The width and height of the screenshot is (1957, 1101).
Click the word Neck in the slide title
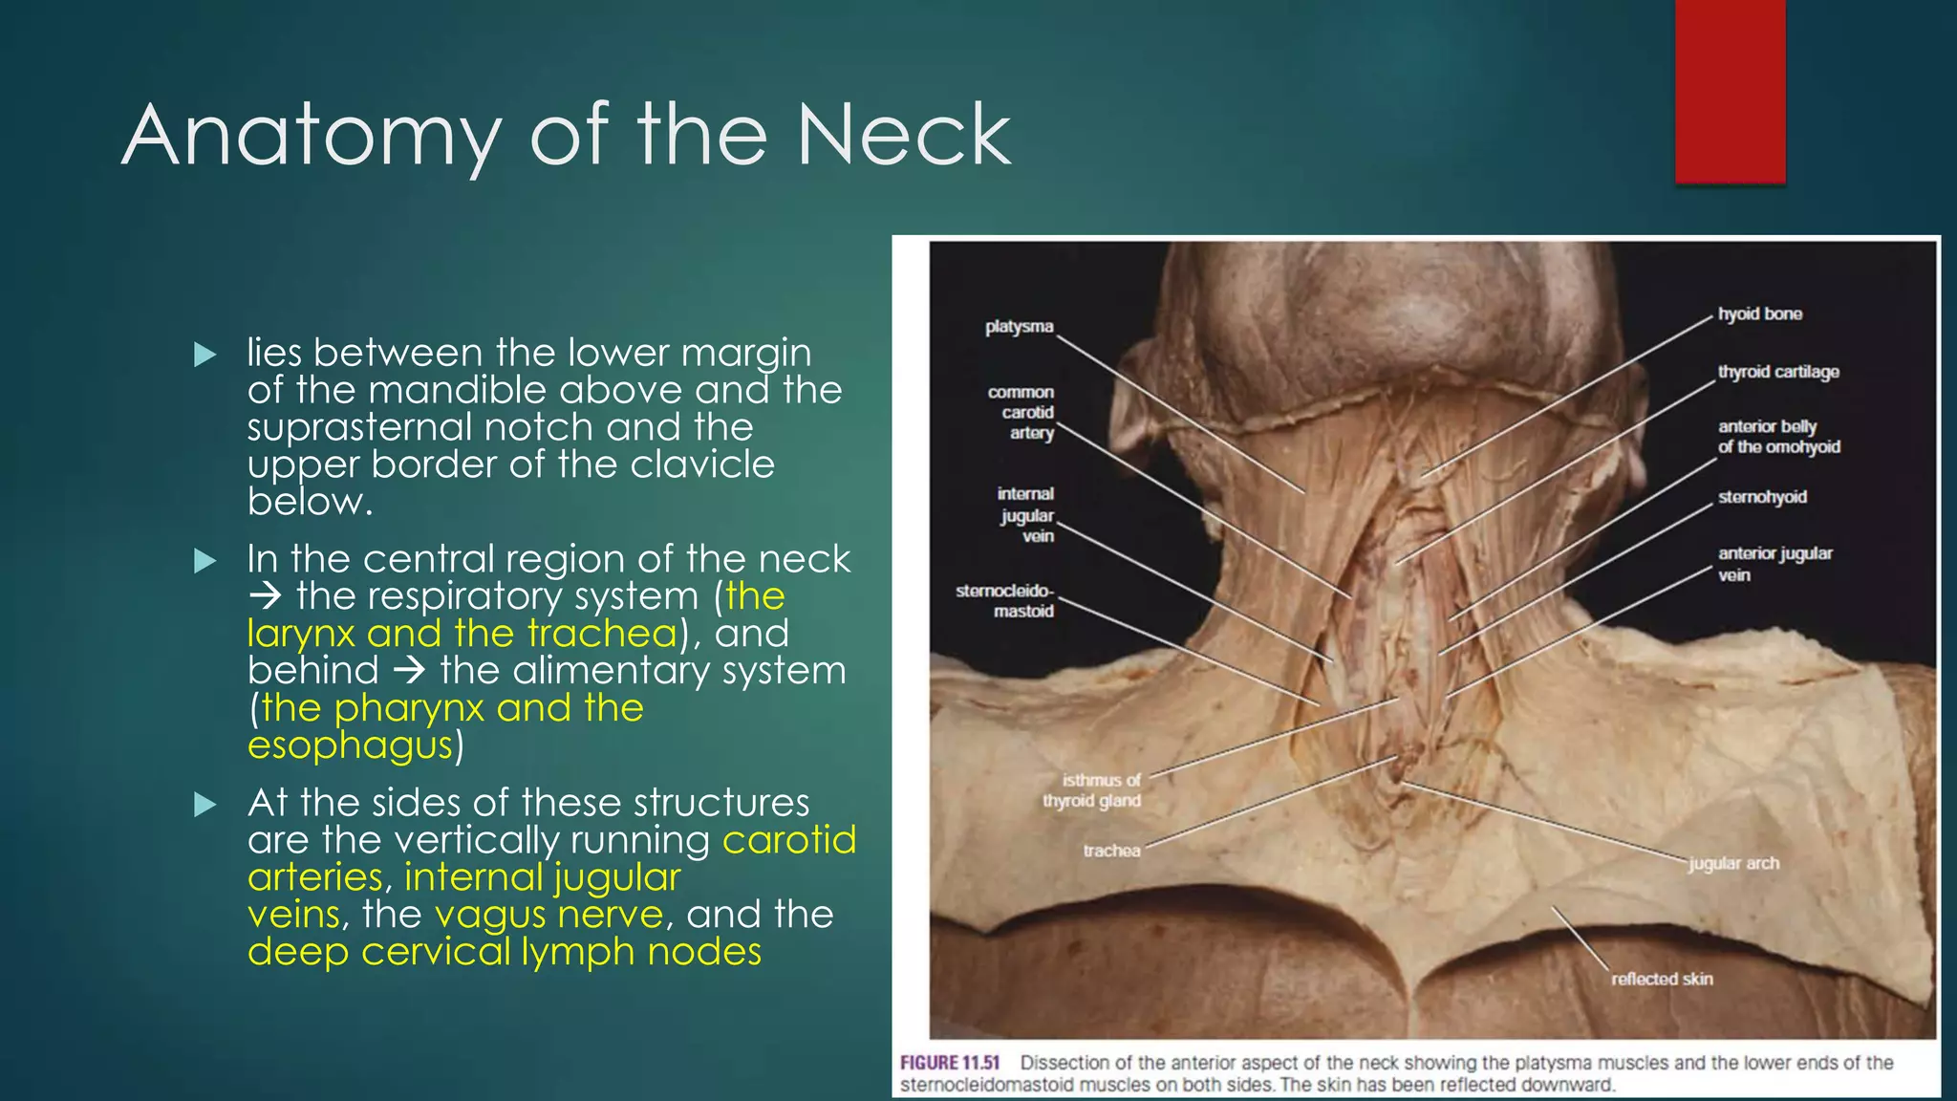coord(903,135)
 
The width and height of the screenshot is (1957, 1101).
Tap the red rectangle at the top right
coord(1730,91)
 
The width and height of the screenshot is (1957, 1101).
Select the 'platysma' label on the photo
coord(1019,327)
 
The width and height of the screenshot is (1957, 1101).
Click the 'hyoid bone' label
coord(1759,313)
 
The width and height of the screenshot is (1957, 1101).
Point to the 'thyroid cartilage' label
coord(1777,372)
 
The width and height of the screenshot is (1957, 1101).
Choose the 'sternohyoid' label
coord(1762,497)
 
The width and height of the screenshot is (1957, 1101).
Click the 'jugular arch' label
coord(1733,863)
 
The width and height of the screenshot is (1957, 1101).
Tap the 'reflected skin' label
coord(1662,979)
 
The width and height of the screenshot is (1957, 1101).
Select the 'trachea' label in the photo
coord(1111,851)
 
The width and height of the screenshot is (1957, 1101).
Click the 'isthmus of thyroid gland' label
coord(1093,790)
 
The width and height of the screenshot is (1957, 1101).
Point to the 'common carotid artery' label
coord(1022,412)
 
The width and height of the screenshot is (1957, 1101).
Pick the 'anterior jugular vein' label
coord(1774,564)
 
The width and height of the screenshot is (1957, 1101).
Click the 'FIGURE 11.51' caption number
coord(950,1063)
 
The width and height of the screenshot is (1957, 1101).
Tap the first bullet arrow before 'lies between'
coord(204,355)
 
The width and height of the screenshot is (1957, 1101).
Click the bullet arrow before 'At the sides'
coord(204,805)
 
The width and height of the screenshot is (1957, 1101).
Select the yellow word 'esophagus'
coord(349,745)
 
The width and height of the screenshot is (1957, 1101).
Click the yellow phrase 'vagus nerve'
coord(548,915)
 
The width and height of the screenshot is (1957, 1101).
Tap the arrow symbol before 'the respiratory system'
coord(265,596)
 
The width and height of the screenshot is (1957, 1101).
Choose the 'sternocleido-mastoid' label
coord(1005,601)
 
